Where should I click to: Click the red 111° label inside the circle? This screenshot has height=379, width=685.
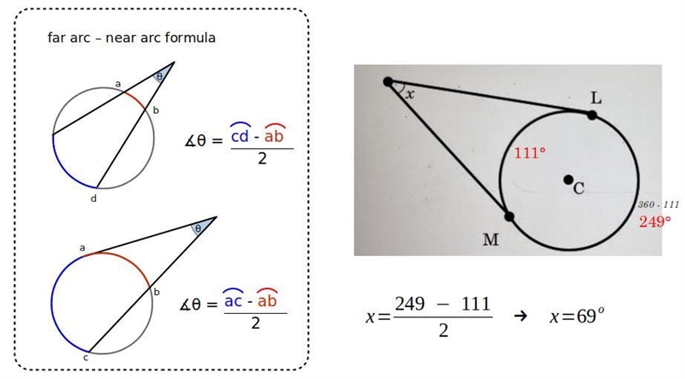click(530, 153)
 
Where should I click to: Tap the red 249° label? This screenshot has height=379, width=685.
click(655, 222)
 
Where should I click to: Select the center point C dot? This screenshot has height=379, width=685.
click(568, 180)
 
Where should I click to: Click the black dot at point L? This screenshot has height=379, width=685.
click(592, 115)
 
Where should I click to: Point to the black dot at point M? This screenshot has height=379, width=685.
click(509, 216)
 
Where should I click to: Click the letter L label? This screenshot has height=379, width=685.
click(596, 98)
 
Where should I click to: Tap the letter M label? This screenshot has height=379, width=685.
click(491, 240)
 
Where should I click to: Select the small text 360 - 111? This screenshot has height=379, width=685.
click(658, 204)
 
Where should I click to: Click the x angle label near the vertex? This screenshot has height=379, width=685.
click(409, 93)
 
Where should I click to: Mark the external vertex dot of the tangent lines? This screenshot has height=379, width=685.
click(388, 81)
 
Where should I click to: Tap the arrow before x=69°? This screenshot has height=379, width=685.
click(521, 317)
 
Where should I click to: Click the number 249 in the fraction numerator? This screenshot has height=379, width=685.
click(409, 304)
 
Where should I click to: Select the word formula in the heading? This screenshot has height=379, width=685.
click(190, 38)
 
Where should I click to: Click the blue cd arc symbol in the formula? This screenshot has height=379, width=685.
click(240, 133)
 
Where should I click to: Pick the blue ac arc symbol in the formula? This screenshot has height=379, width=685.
click(233, 299)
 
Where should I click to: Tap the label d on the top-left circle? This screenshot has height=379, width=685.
click(93, 198)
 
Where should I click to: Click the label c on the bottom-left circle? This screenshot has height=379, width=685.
click(86, 358)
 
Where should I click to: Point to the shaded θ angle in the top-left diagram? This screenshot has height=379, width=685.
click(161, 74)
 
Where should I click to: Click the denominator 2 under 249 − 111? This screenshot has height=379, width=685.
click(443, 331)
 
